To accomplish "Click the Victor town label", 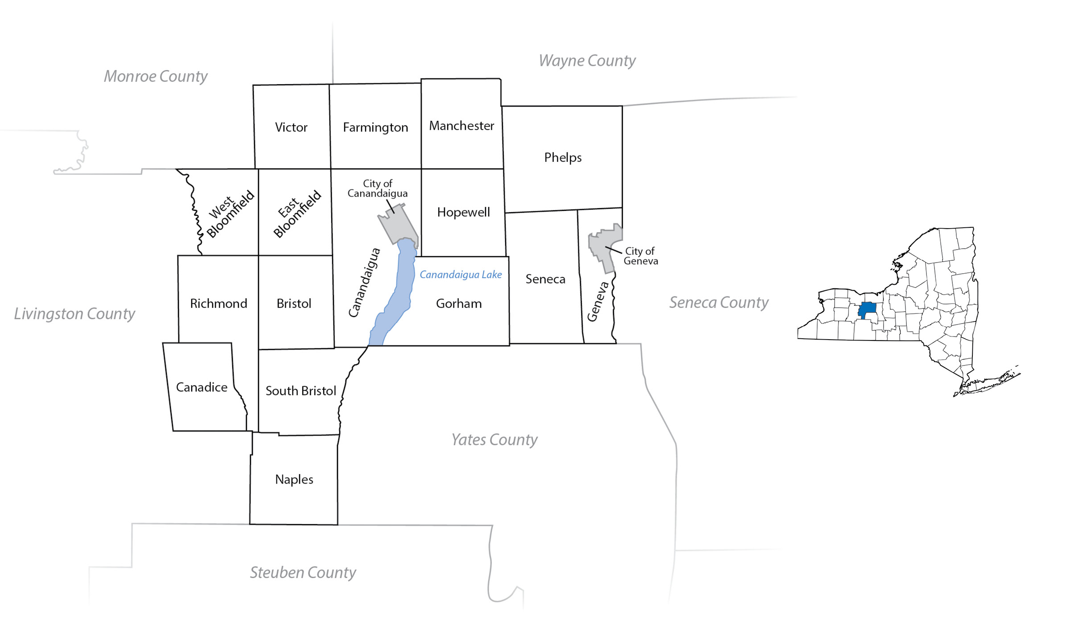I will click(x=291, y=127).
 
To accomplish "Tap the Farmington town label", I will click(x=375, y=128).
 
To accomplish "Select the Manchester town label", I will click(x=461, y=126).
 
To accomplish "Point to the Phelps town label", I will click(x=563, y=157).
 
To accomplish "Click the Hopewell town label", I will click(x=463, y=212).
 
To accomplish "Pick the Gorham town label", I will click(x=459, y=304).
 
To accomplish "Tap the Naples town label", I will click(x=294, y=480).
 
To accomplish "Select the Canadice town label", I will click(x=202, y=387).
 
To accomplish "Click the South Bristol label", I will click(x=300, y=391).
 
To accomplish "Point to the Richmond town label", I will click(x=218, y=304).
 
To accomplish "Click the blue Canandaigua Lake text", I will click(x=461, y=275).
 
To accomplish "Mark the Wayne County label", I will click(x=587, y=61).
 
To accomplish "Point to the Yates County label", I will click(x=494, y=440).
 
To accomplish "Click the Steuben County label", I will click(x=303, y=572).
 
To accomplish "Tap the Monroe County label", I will click(x=156, y=77).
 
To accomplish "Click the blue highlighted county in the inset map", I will click(x=867, y=308).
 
